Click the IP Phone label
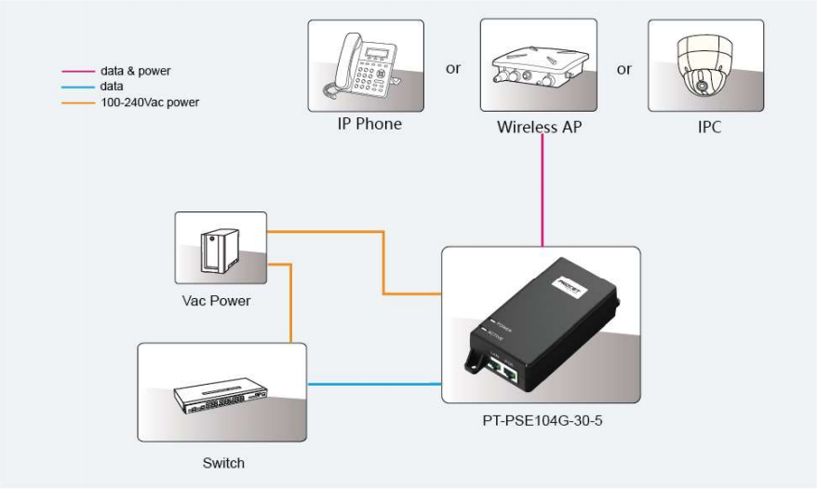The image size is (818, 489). (369, 124)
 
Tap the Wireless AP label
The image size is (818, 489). (539, 127)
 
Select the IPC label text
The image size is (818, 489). (709, 127)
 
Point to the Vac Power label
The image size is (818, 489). (217, 301)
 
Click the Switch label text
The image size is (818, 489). (223, 463)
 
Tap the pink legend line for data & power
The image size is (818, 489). (78, 72)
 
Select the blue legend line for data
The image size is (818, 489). (78, 87)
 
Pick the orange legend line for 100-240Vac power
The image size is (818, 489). (78, 102)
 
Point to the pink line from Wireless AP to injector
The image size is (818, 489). (542, 196)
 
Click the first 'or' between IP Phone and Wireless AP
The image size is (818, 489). (453, 69)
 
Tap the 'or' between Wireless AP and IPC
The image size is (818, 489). (624, 69)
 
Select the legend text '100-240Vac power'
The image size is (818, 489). (150, 102)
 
